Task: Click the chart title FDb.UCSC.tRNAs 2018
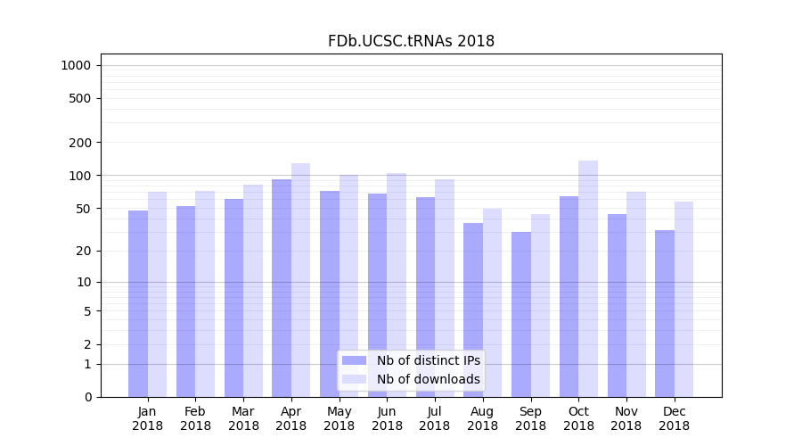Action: tap(411, 41)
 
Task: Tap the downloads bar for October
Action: tap(588, 278)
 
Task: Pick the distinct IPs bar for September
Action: tap(521, 314)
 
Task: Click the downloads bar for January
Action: tap(158, 294)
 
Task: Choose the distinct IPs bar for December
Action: tap(665, 313)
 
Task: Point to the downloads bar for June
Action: tap(397, 285)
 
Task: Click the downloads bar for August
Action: tap(493, 302)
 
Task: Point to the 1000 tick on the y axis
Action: tap(76, 65)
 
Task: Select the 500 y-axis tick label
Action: tap(80, 98)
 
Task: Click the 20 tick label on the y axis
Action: tap(83, 251)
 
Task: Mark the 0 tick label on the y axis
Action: tap(87, 397)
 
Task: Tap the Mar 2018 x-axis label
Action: tap(243, 418)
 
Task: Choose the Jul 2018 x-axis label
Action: tap(435, 418)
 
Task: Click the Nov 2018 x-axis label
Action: tap(626, 418)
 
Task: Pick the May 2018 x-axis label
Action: tap(340, 418)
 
